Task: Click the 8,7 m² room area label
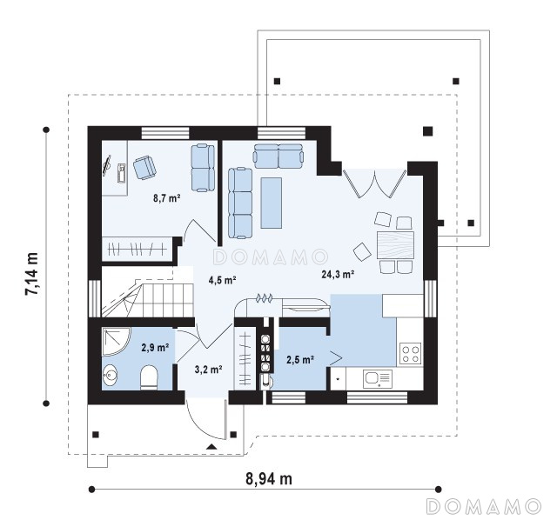[167, 198]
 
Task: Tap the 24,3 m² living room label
[338, 274]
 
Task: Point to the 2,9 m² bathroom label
[155, 347]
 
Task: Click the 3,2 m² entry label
[209, 370]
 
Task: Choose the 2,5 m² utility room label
[300, 360]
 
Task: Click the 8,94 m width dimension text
[269, 479]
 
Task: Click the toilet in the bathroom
[149, 378]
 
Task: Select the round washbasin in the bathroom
[111, 376]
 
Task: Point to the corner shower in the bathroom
[116, 342]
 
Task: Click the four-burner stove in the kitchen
[411, 354]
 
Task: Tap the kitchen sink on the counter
[377, 379]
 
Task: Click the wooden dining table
[395, 245]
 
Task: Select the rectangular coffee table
[272, 203]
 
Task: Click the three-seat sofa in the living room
[240, 203]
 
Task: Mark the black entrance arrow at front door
[211, 447]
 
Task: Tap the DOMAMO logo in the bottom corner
[484, 506]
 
